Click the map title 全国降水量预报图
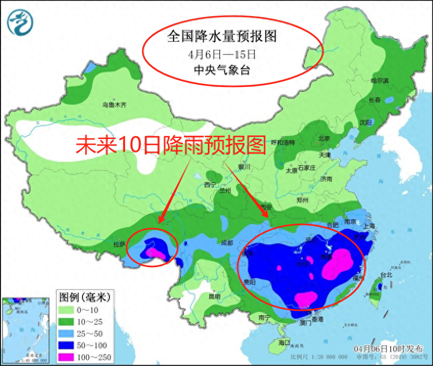[x=221, y=36]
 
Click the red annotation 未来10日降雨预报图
[x=171, y=145]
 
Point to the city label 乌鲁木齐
[x=114, y=105]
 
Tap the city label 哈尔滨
[x=379, y=81]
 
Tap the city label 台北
[x=386, y=274]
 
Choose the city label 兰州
[x=225, y=191]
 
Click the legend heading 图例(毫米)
[x=83, y=298]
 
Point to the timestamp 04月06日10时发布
[x=388, y=348]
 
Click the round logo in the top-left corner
[x=20, y=21]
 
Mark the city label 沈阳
[x=365, y=123]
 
